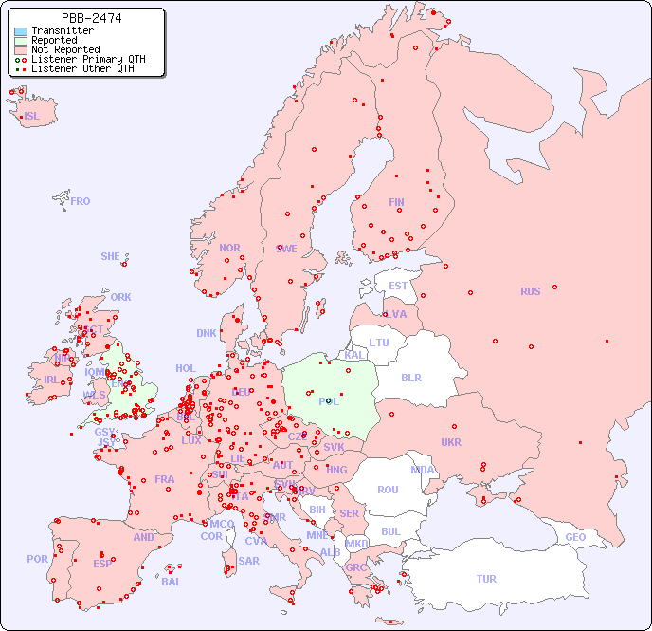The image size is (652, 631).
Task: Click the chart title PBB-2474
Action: pos(91,18)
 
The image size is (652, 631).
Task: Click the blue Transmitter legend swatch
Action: pos(21,30)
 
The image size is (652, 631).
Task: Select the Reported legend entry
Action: pos(54,40)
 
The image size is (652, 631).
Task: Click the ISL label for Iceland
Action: pos(32,117)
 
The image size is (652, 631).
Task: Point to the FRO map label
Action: pos(81,201)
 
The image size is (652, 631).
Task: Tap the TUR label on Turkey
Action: pos(486,579)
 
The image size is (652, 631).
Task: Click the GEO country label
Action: pos(575,537)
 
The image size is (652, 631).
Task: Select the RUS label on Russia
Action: pos(530,291)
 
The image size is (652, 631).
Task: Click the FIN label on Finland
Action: pos(396,202)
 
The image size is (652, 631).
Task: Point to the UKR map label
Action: pos(451,442)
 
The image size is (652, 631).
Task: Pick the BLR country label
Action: pos(410,377)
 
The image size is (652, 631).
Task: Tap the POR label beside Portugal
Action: pos(37,559)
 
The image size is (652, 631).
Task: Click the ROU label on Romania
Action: pos(388,490)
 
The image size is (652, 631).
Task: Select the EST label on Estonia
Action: pos(398,286)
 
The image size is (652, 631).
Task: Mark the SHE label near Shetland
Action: pos(111,256)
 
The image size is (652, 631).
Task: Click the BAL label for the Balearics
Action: pos(172,582)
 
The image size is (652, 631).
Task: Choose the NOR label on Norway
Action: pos(229,248)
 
